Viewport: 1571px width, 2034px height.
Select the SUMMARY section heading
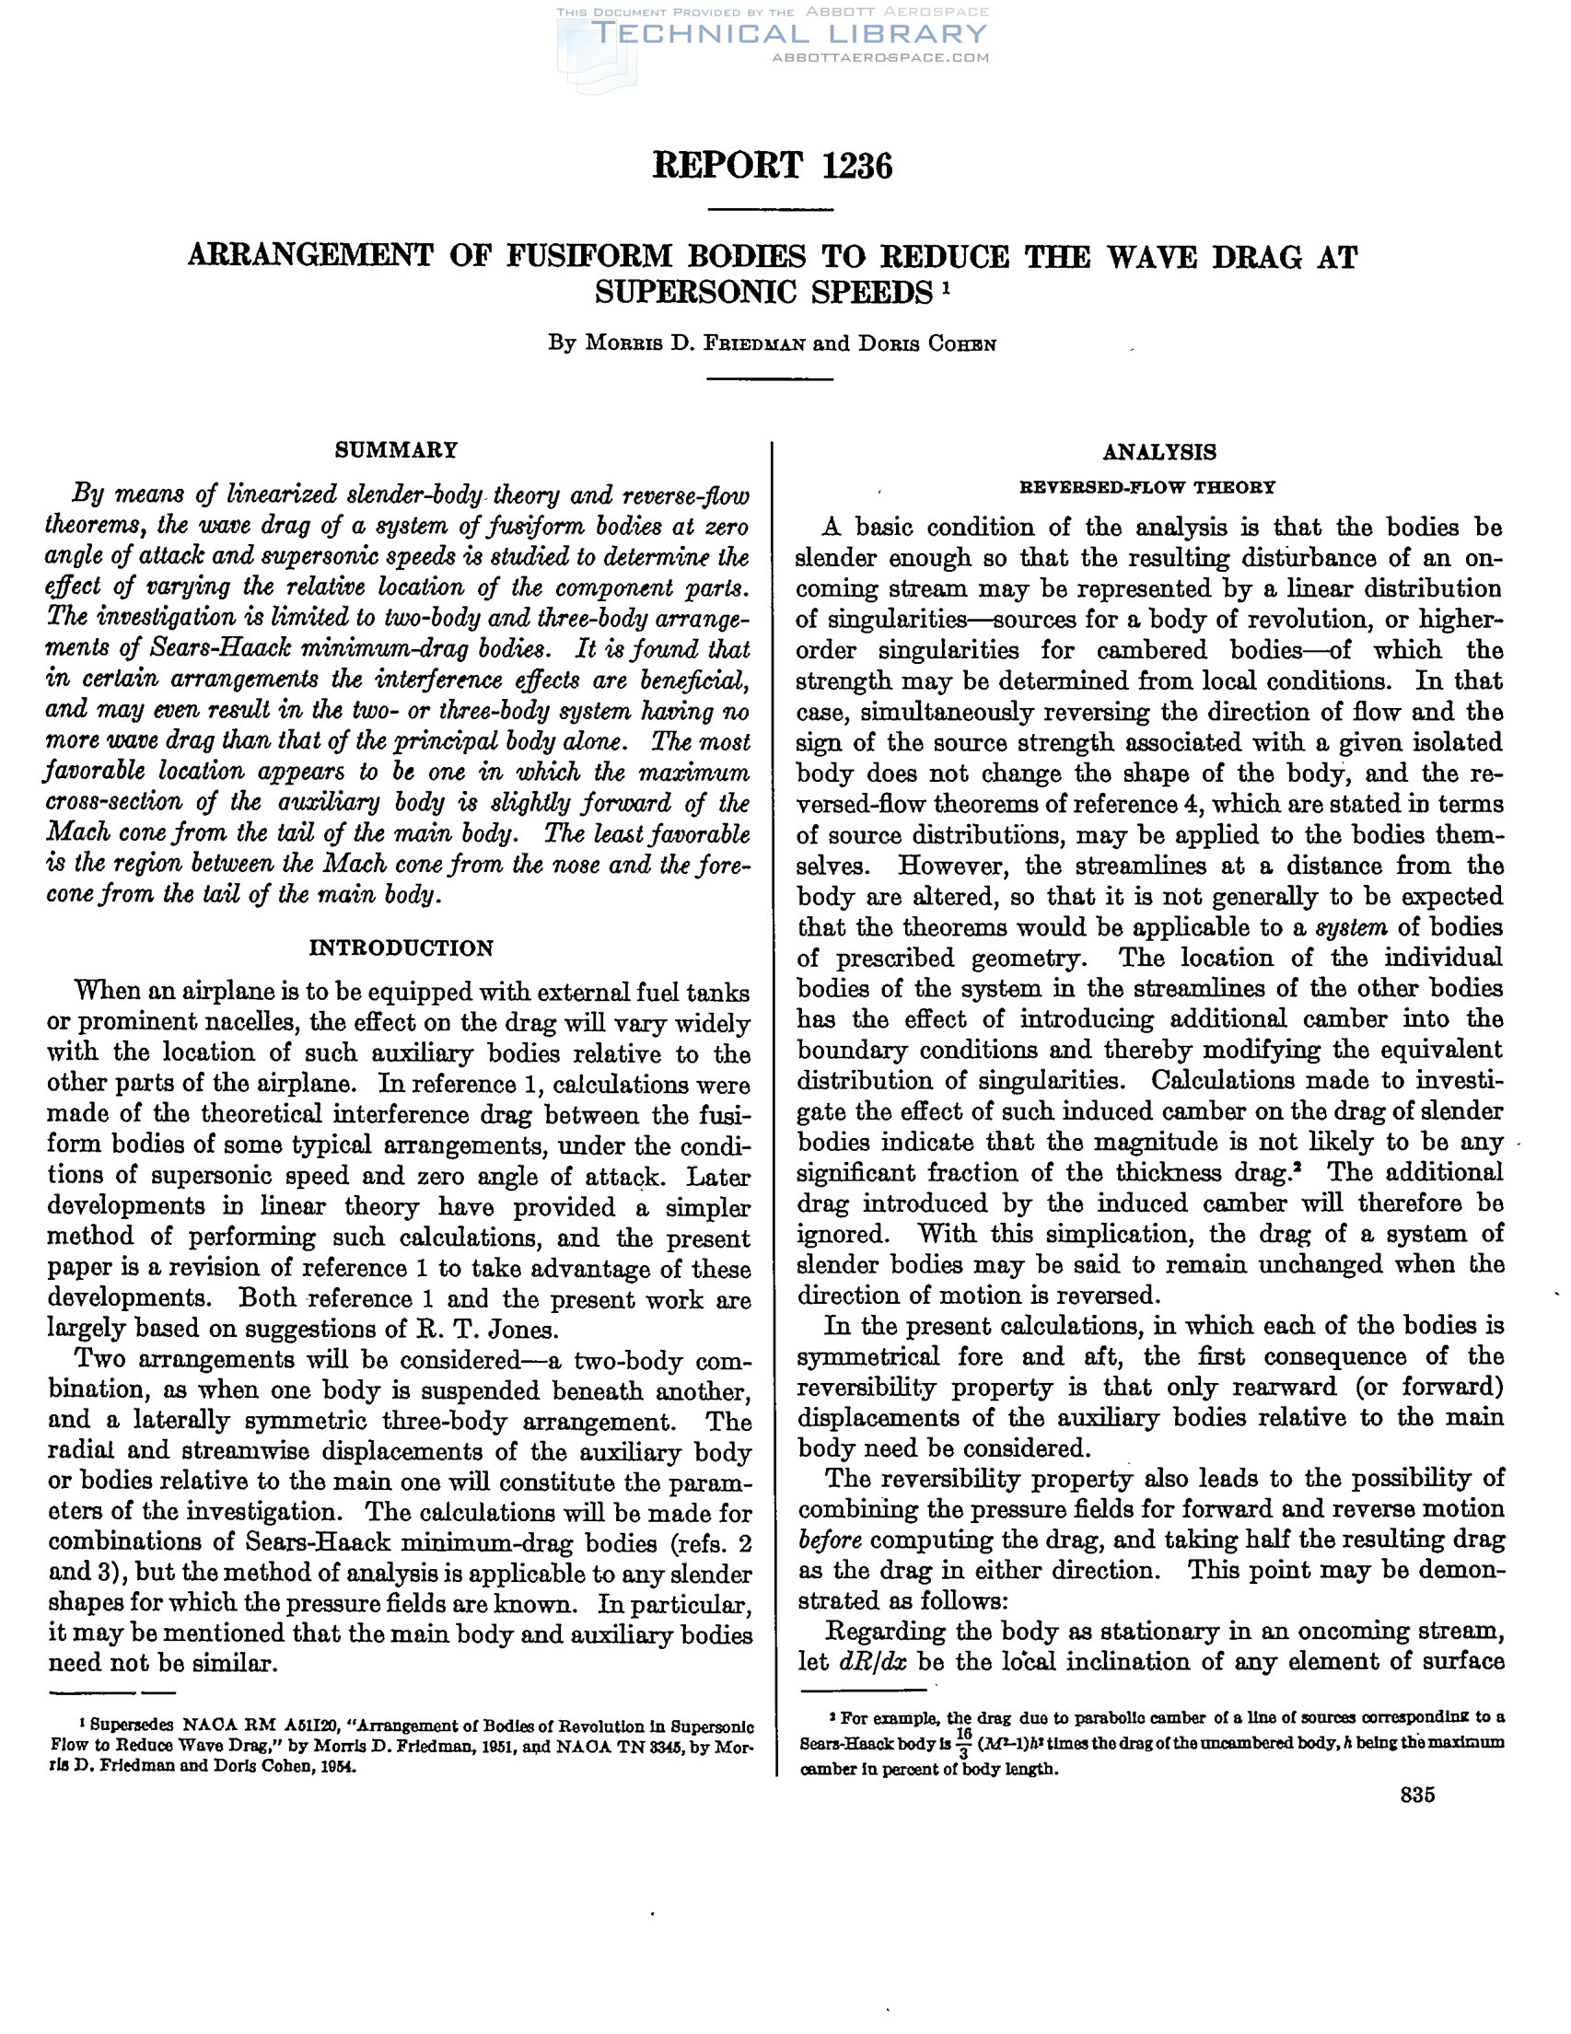coord(397,451)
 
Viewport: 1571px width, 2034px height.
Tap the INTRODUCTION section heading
coord(401,948)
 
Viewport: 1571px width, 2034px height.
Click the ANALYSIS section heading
coord(1159,453)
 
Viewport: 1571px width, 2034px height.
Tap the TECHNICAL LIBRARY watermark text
coord(788,34)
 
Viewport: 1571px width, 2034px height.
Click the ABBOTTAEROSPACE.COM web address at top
coord(880,58)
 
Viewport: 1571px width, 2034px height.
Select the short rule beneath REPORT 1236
coord(771,209)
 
